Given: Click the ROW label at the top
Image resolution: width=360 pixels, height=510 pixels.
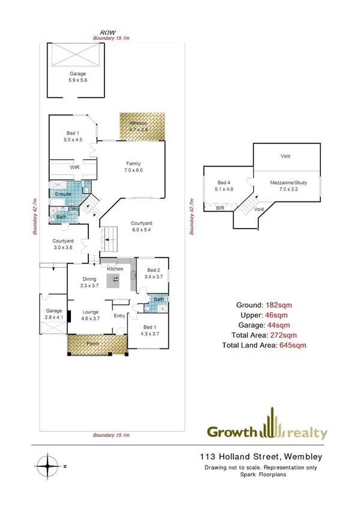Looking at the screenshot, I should pyautogui.click(x=108, y=34).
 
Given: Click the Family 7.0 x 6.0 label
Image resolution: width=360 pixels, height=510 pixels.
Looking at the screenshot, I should pyautogui.click(x=133, y=167).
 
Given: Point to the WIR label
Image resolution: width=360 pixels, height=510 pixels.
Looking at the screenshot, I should pyautogui.click(x=75, y=167).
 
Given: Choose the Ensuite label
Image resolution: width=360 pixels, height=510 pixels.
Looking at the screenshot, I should pyautogui.click(x=63, y=194).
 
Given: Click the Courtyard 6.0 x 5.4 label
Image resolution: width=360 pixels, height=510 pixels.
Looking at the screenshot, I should pyautogui.click(x=144, y=227).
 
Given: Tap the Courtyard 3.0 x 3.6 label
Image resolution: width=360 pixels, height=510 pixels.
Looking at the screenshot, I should pyautogui.click(x=63, y=243).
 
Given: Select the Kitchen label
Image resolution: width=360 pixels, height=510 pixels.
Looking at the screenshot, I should pyautogui.click(x=115, y=269).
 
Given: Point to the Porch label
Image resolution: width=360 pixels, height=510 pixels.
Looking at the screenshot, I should pyautogui.click(x=93, y=344).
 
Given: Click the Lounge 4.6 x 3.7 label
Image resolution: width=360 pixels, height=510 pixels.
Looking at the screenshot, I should pyautogui.click(x=91, y=315).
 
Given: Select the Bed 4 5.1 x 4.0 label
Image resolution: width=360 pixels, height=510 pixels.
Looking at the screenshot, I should pyautogui.click(x=224, y=185).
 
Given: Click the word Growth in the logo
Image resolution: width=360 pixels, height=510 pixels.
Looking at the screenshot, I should pyautogui.click(x=233, y=432).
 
